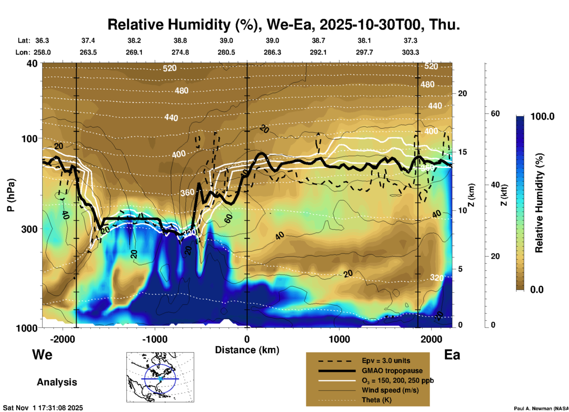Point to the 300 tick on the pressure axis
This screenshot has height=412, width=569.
click(x=29, y=229)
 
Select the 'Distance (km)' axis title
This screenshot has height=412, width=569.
click(x=247, y=350)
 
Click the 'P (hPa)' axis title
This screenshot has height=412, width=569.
click(x=11, y=195)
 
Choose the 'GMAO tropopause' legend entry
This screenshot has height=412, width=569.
click(x=392, y=371)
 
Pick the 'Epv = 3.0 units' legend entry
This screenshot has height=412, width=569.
click(x=386, y=361)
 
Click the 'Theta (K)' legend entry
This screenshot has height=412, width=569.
click(x=377, y=400)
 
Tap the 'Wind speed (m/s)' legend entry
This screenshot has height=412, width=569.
click(x=390, y=390)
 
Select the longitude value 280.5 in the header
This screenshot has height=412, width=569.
click(x=226, y=53)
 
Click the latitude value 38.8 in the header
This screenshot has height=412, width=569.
click(x=180, y=40)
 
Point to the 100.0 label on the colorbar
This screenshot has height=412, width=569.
click(x=542, y=116)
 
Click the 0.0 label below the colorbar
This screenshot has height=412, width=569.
click(x=537, y=290)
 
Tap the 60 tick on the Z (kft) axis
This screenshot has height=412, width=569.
click(x=495, y=113)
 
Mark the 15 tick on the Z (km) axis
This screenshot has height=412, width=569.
click(x=462, y=152)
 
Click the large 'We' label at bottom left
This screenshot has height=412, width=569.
click(x=42, y=355)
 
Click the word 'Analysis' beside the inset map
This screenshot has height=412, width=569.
click(x=57, y=382)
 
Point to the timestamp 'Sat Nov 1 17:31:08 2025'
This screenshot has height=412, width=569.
click(x=43, y=408)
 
